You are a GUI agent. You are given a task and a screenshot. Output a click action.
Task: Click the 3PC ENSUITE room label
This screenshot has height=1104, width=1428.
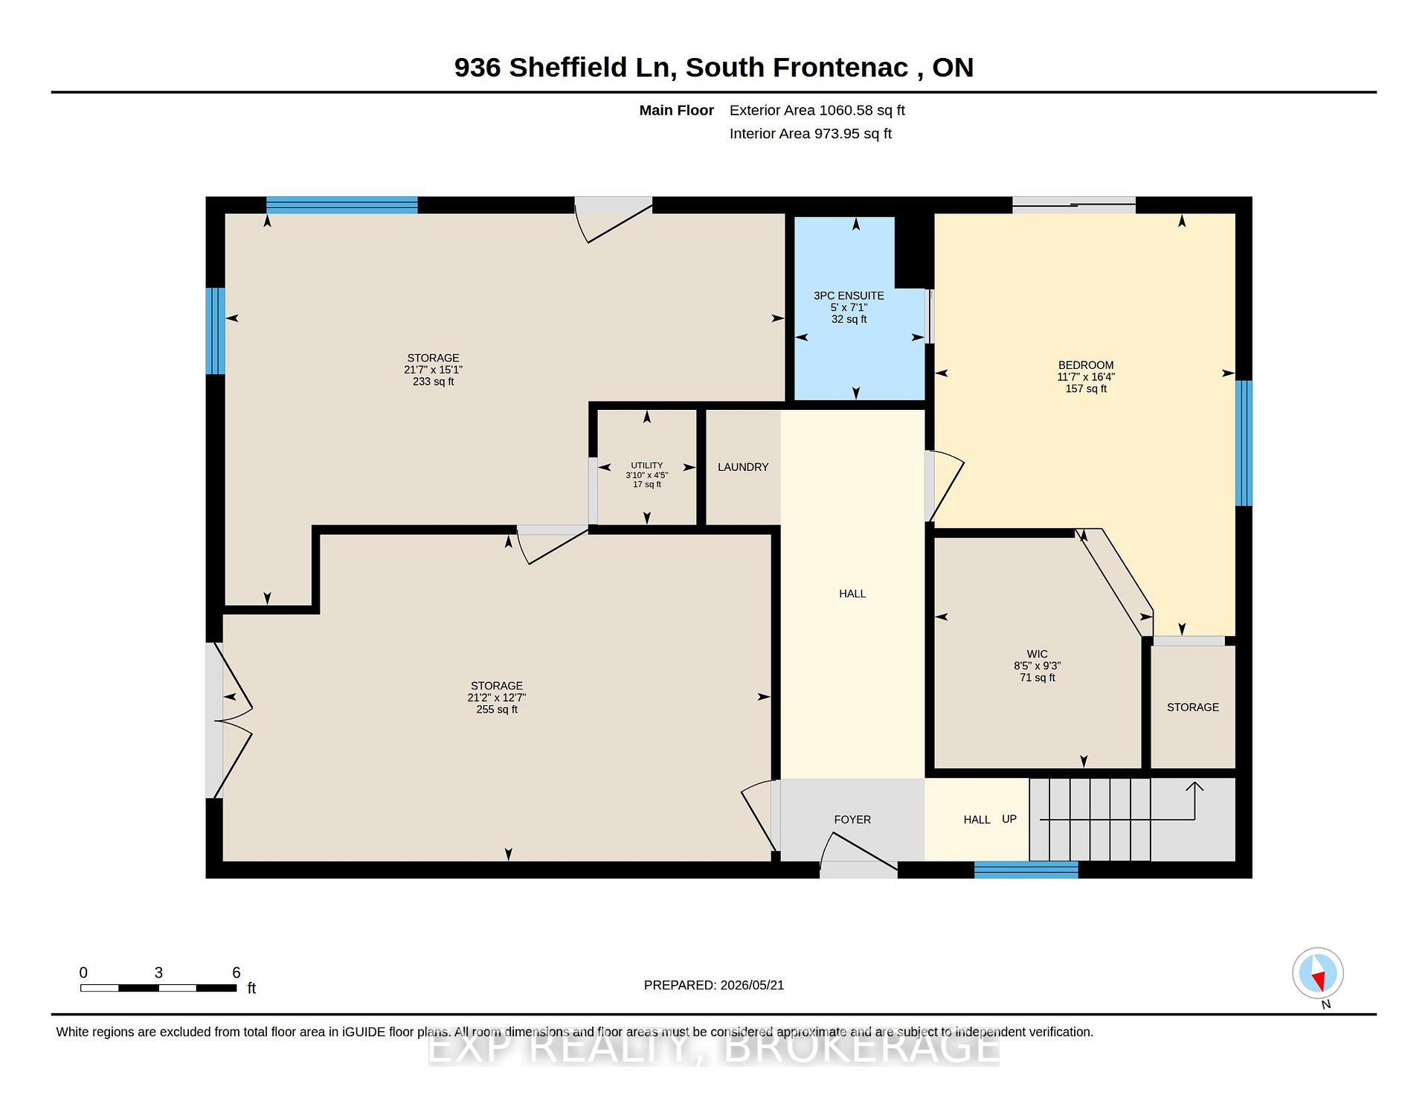pos(849,295)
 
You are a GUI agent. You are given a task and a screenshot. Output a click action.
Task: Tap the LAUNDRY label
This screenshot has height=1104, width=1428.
pos(743,467)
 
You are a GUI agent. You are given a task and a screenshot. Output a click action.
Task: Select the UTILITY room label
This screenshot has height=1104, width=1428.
pos(647,466)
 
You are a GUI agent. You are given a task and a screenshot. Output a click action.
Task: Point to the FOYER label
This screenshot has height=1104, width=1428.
pos(852,820)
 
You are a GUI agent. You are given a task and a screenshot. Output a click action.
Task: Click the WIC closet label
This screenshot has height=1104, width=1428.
pos(1038,655)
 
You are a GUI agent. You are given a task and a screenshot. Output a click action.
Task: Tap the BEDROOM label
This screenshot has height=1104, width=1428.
pos(1086,365)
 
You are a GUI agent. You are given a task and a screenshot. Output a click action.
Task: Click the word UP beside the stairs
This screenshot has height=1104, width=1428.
pos(1009,819)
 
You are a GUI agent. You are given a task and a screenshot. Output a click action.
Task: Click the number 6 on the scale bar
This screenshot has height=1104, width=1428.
pos(237,972)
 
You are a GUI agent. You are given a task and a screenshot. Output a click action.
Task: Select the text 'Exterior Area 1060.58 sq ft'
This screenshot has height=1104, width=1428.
pos(817,110)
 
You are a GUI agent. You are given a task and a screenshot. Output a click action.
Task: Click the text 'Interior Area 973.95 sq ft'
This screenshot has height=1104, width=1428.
pos(811,134)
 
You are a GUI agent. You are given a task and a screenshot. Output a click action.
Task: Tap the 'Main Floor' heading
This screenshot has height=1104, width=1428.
pos(677,110)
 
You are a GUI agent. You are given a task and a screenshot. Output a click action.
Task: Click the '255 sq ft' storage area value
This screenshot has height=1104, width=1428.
pos(497,710)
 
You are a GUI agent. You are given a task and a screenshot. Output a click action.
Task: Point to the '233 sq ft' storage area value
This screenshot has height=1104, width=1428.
pos(434,382)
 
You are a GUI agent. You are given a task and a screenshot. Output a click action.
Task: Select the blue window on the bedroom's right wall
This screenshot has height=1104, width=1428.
pos(1244,443)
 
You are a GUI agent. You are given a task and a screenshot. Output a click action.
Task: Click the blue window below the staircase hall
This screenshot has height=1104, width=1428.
pos(1026,870)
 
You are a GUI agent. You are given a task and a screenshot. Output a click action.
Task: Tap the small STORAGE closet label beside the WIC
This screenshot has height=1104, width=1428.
pos(1193,707)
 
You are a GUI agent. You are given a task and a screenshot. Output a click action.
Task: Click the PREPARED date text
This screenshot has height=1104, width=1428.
pos(714,985)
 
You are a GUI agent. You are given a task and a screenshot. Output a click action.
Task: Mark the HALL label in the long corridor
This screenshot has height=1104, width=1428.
pos(852,594)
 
